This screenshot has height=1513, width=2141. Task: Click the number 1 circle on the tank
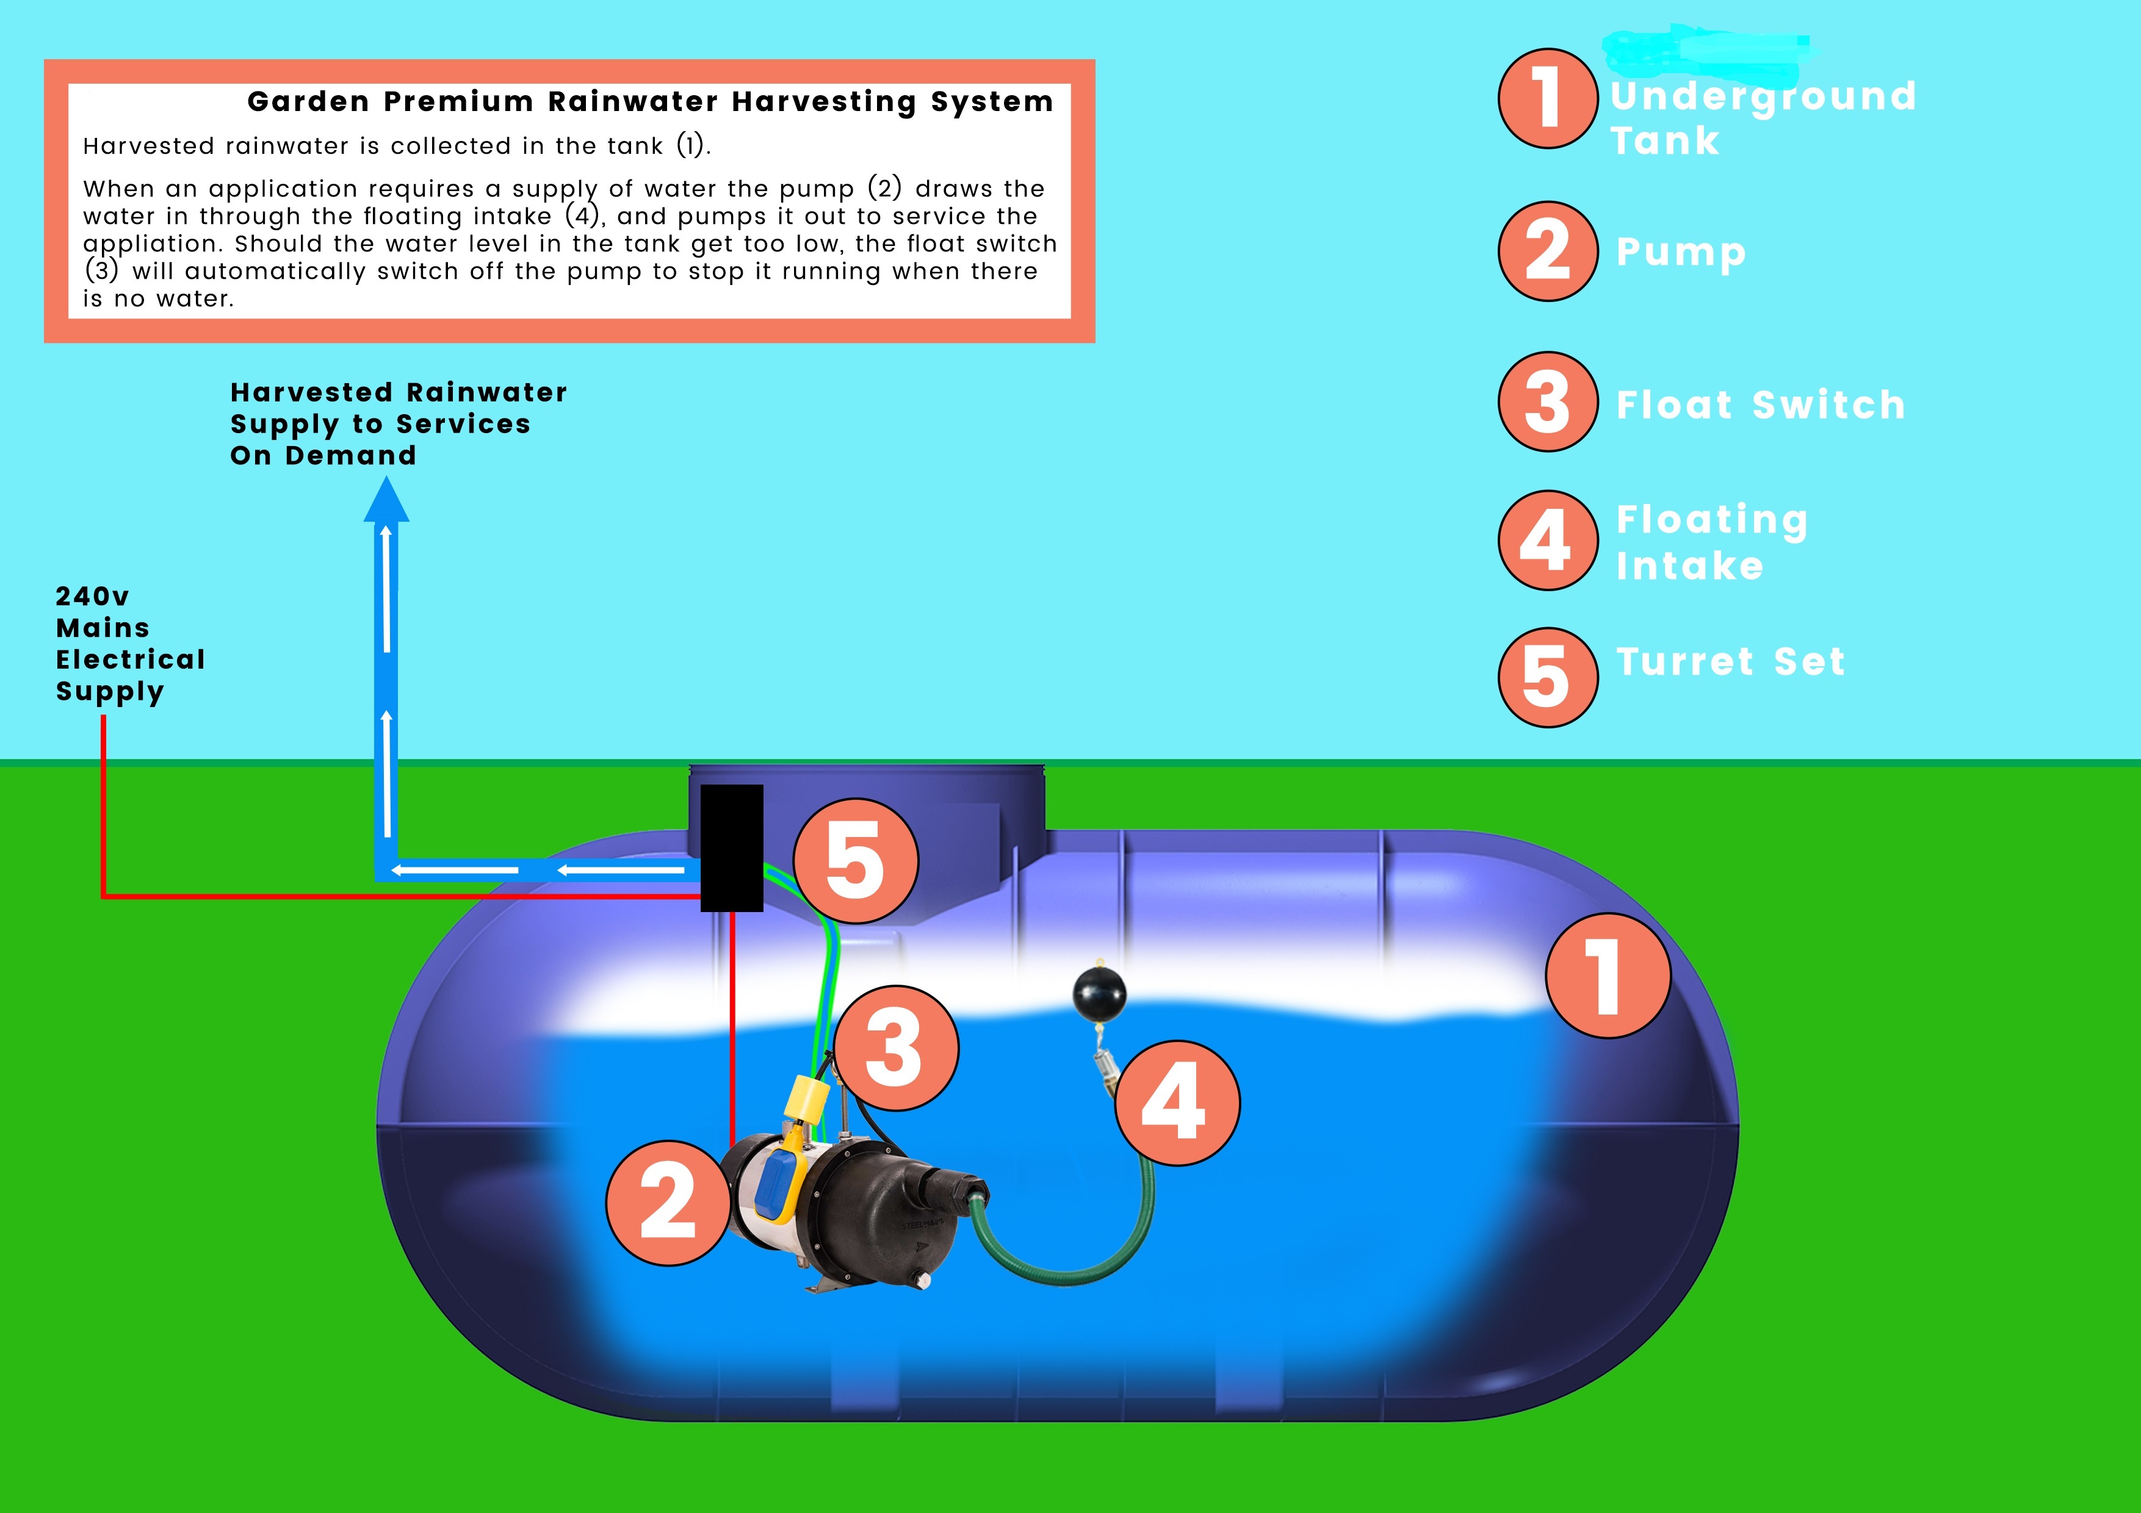[1608, 975]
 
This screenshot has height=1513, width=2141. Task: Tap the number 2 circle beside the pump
[668, 1202]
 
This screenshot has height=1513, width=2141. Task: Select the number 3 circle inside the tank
[895, 1048]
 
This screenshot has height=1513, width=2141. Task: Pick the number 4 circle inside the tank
[1177, 1103]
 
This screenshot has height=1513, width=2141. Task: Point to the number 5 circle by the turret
[855, 860]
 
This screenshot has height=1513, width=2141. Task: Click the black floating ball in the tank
[1099, 994]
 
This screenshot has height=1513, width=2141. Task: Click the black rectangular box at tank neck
[731, 847]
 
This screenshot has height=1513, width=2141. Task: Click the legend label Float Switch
[1761, 406]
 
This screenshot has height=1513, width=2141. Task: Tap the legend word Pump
[1680, 252]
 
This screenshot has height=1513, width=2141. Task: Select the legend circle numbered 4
[1548, 541]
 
